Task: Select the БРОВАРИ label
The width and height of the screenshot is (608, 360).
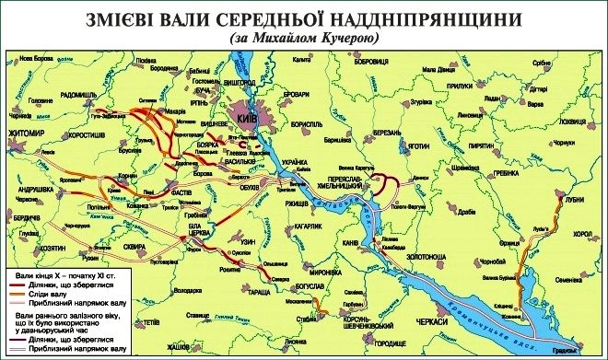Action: coord(318,94)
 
